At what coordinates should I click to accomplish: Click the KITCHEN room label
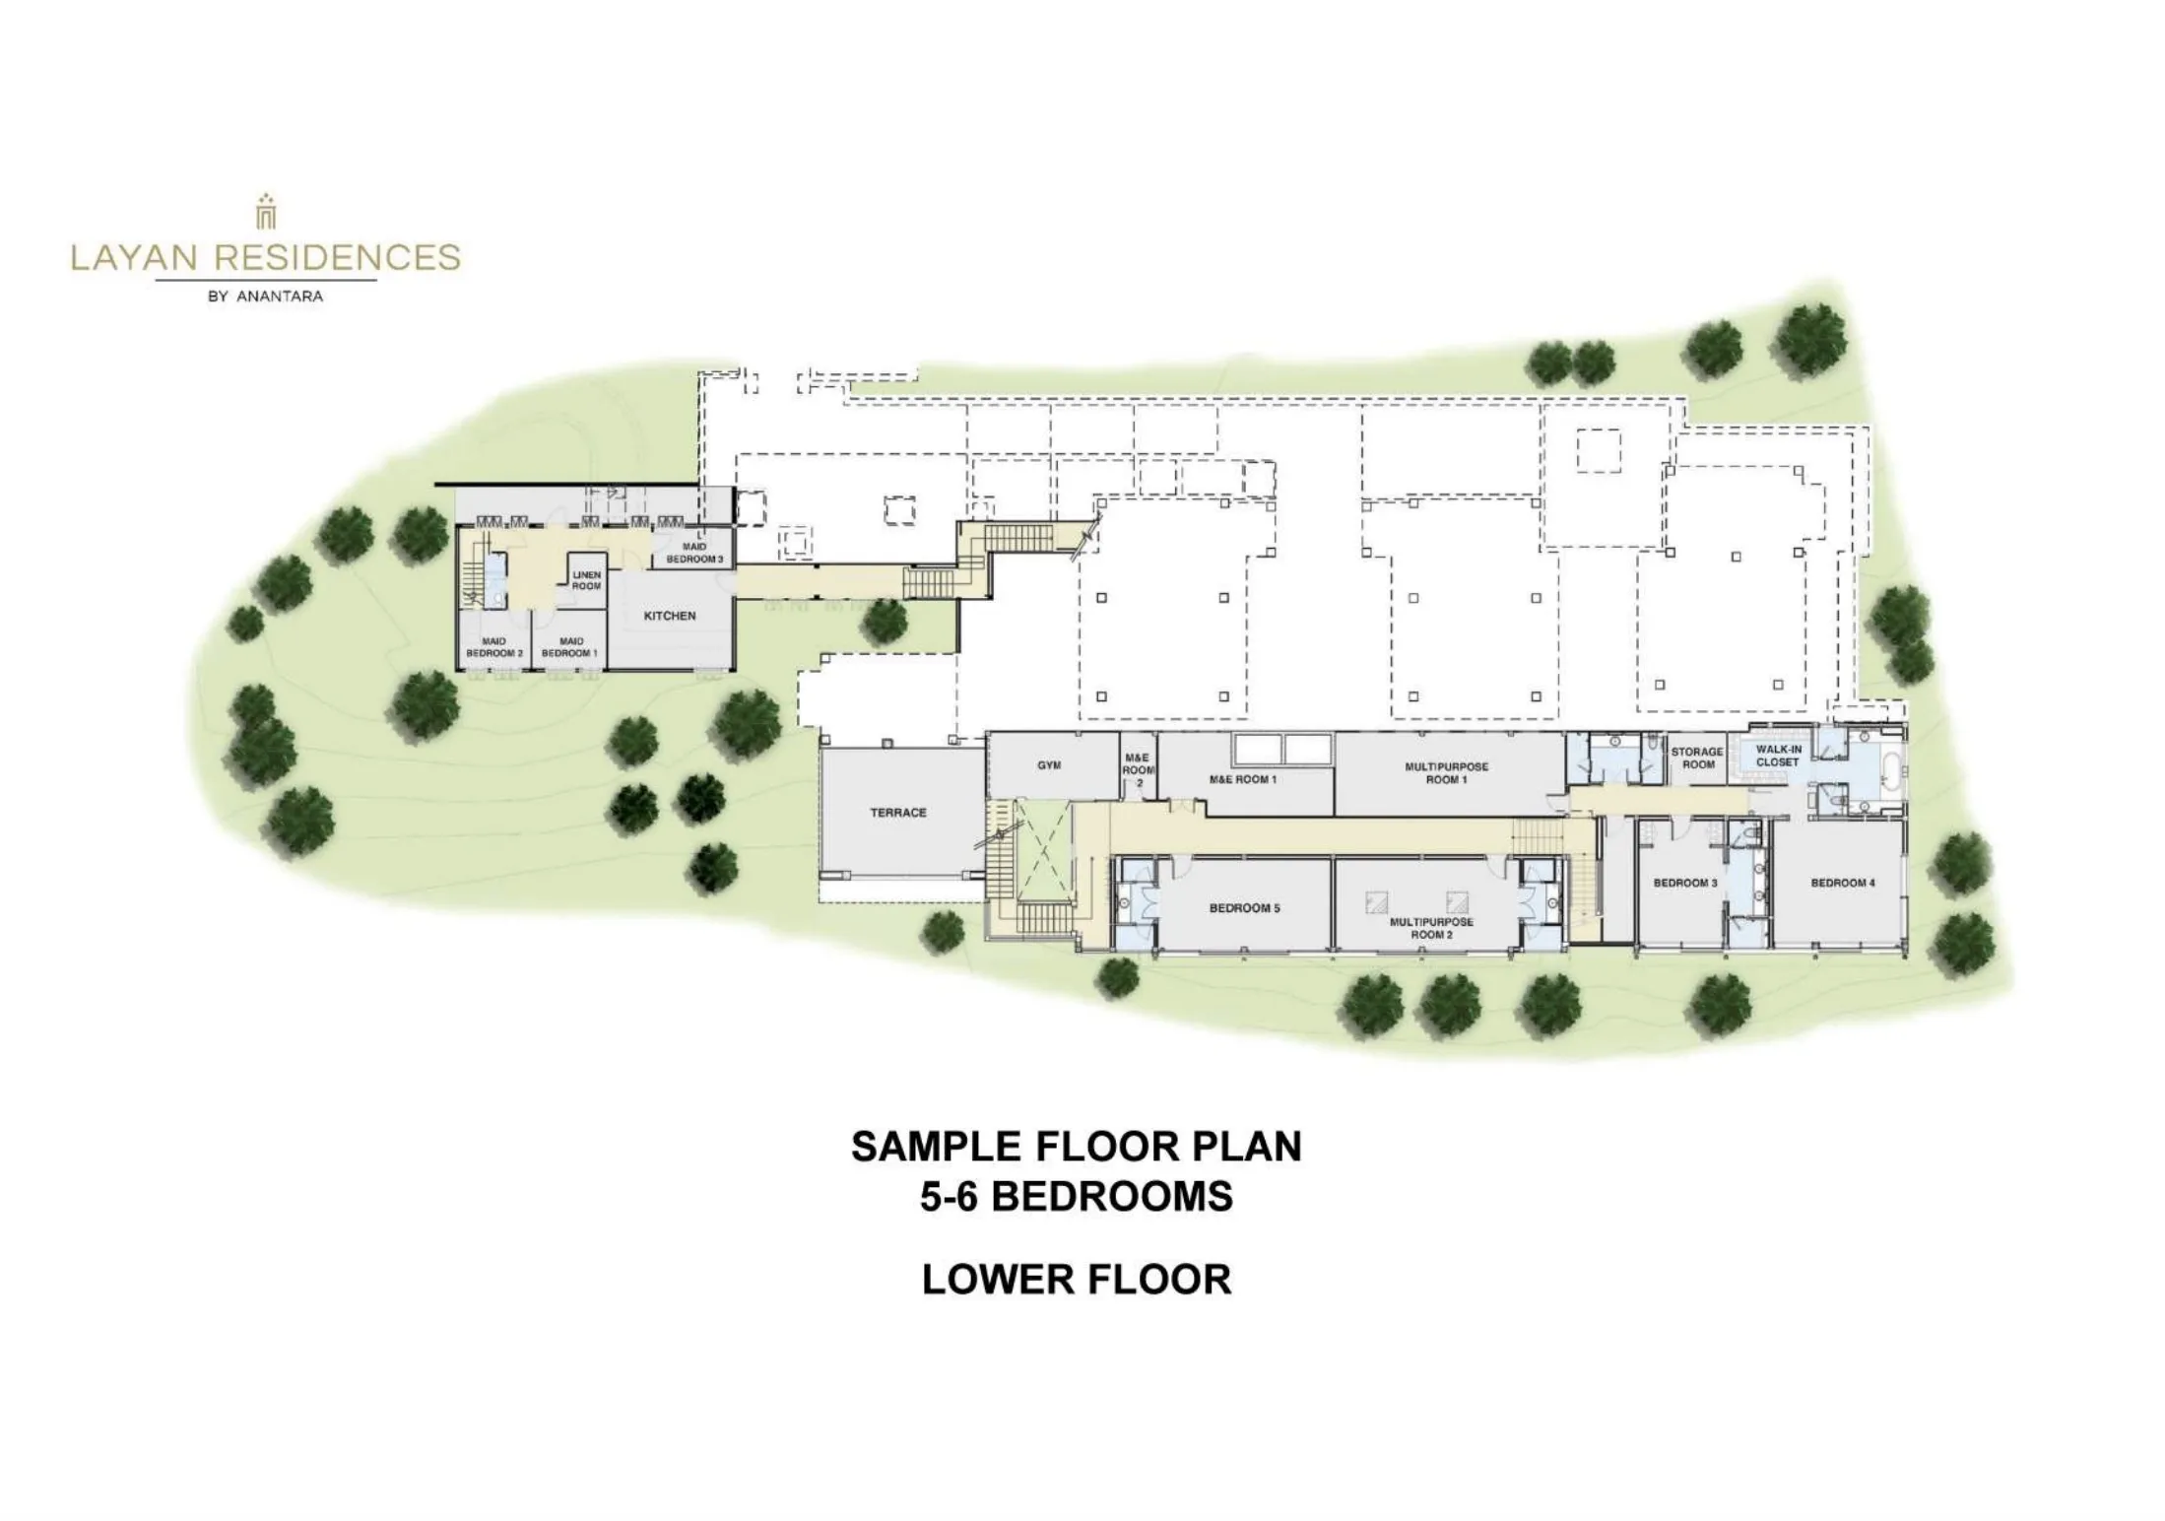[670, 616]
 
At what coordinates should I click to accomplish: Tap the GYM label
[1049, 765]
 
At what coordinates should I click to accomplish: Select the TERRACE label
[898, 813]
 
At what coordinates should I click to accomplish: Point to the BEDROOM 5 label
[1245, 908]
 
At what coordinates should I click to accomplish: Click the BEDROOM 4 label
[1843, 883]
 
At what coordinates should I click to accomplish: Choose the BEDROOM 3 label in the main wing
[1685, 883]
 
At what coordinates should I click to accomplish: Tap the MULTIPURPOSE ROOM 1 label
[1447, 773]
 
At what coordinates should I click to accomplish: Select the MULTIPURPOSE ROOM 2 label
[1431, 928]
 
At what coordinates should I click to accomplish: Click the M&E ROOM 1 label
[1243, 779]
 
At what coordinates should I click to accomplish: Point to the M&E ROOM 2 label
[1138, 770]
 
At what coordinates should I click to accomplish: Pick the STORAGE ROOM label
[1698, 758]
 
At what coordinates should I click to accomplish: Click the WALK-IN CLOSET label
[1778, 756]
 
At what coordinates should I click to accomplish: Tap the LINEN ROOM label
[586, 580]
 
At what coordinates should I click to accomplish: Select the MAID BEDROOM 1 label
[571, 647]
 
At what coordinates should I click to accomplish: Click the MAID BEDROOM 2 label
[494, 647]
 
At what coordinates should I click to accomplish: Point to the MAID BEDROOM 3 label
[694, 553]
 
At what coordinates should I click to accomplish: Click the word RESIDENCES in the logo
[337, 258]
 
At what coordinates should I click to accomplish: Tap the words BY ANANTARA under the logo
[266, 297]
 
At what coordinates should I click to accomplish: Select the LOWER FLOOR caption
[1077, 1280]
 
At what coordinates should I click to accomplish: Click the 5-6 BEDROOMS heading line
[1077, 1197]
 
